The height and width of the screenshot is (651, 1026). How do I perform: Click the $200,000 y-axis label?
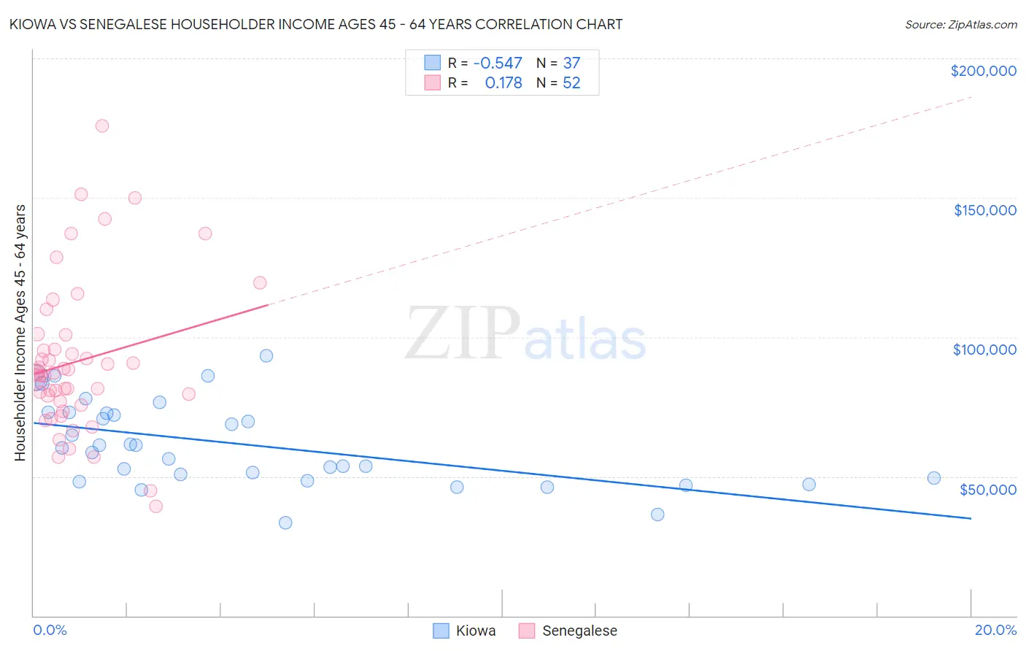pyautogui.click(x=983, y=71)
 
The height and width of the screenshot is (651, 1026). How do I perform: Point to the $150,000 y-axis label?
pyautogui.click(x=984, y=210)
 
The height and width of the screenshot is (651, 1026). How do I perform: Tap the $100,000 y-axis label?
pyautogui.click(x=984, y=350)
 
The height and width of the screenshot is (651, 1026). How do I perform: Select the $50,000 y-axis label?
pyautogui.click(x=987, y=489)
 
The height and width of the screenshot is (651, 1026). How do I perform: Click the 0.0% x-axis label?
pyautogui.click(x=50, y=630)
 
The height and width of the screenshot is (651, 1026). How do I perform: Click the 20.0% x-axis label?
pyautogui.click(x=995, y=630)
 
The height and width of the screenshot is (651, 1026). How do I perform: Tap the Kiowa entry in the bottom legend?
pyautogui.click(x=465, y=631)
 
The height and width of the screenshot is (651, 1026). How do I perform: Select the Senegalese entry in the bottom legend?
pyautogui.click(x=568, y=631)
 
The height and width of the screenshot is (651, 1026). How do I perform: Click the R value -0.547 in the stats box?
pyautogui.click(x=498, y=63)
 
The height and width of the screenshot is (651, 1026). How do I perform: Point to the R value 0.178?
pyautogui.click(x=504, y=83)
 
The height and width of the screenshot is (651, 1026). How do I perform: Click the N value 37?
pyautogui.click(x=571, y=63)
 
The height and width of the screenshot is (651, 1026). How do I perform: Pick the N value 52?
pyautogui.click(x=571, y=83)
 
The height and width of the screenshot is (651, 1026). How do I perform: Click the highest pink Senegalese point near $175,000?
pyautogui.click(x=102, y=126)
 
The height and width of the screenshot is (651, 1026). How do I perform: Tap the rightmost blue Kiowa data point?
pyautogui.click(x=933, y=478)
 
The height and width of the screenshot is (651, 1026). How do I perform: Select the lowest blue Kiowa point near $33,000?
pyautogui.click(x=285, y=523)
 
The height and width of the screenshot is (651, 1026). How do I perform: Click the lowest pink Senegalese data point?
pyautogui.click(x=155, y=506)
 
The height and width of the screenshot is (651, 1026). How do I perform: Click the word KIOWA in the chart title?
pyautogui.click(x=31, y=24)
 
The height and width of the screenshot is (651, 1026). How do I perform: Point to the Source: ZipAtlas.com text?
pyautogui.click(x=960, y=25)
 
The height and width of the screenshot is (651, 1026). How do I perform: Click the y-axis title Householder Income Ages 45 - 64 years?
pyautogui.click(x=20, y=333)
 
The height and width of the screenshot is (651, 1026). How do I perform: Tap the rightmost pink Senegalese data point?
pyautogui.click(x=260, y=282)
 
